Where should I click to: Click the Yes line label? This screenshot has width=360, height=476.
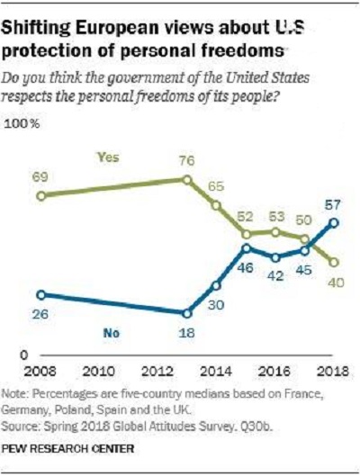108,157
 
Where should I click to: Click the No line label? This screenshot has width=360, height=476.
112,333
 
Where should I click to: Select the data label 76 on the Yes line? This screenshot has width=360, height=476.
186,160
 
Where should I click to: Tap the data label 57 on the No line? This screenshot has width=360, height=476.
333,205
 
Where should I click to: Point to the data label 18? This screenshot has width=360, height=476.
186,333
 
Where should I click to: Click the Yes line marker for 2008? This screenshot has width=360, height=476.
41,196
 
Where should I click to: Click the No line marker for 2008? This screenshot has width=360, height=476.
41,295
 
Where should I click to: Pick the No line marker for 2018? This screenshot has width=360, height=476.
334,223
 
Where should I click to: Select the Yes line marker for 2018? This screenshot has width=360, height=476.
334,262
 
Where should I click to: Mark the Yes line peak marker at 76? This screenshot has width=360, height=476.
187,180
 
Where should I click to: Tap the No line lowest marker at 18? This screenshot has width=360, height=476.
187,314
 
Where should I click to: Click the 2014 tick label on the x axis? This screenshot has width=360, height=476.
216,372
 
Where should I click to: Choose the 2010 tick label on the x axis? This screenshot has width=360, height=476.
99,372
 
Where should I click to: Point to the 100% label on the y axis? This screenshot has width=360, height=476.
22,124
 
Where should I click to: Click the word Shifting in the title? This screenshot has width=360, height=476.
35,29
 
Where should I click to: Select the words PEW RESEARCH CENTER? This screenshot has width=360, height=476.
67,448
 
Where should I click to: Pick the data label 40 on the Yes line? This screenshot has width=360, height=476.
337,283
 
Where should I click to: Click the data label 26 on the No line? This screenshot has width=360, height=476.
40,314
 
